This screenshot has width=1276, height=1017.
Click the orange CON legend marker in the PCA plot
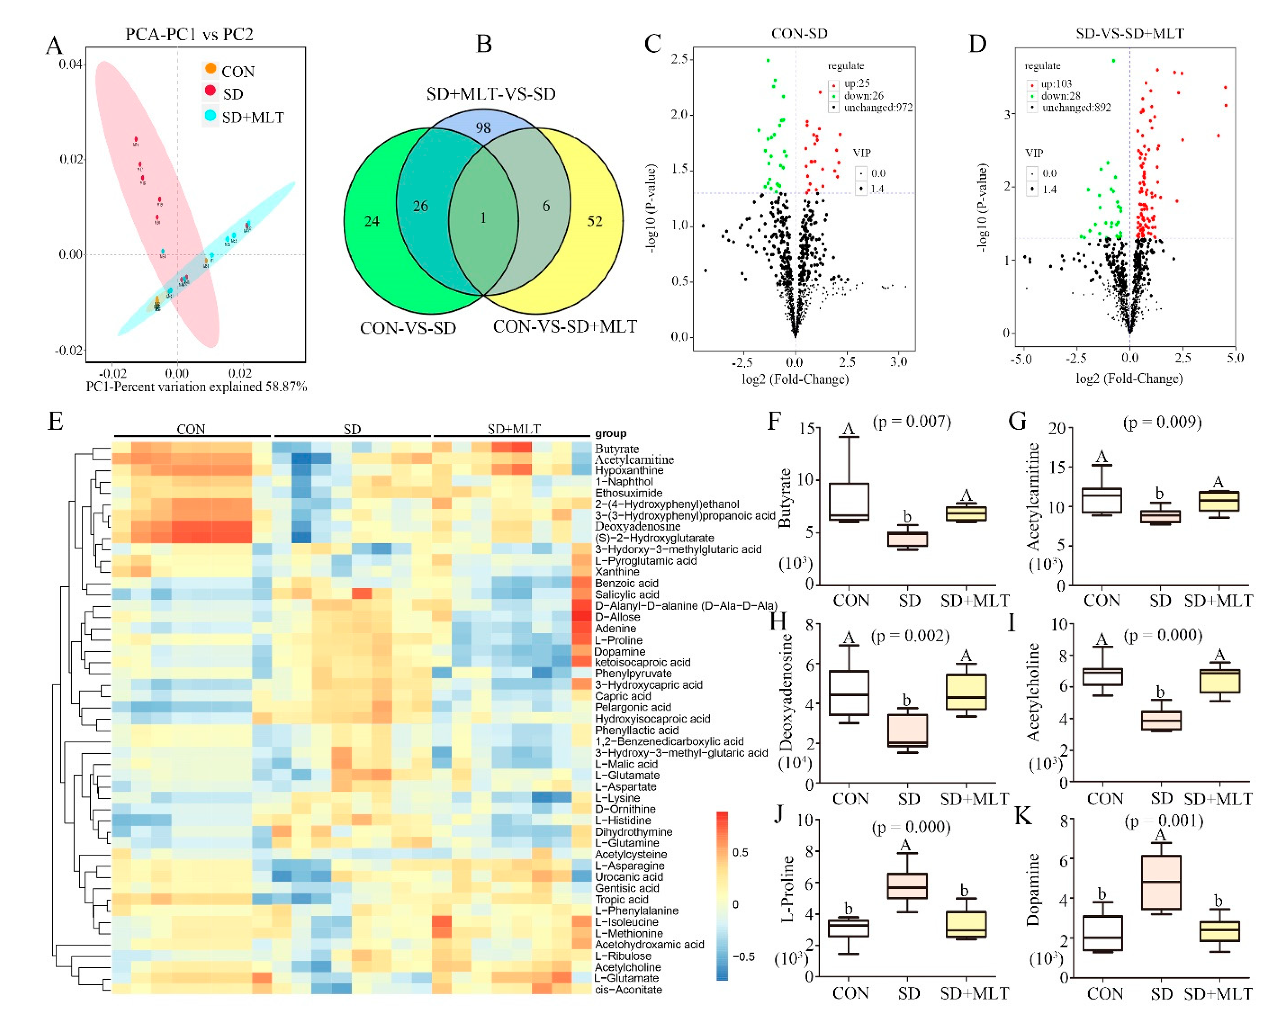(x=210, y=69)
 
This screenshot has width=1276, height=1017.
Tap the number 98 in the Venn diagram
(x=483, y=127)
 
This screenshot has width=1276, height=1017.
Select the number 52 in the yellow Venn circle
(x=594, y=221)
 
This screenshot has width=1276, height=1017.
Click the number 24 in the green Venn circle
(x=372, y=221)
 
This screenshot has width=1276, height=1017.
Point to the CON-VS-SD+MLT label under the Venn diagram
(x=565, y=326)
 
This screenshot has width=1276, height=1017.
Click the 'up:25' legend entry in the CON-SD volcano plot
(x=856, y=83)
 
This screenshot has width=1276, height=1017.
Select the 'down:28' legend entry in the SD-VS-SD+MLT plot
(x=1061, y=96)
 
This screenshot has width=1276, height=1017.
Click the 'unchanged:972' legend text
(x=878, y=108)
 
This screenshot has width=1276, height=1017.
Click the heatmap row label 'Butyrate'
(x=617, y=449)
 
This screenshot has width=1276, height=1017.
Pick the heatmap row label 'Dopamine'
(x=620, y=651)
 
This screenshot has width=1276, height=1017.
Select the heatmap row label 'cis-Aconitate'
(x=628, y=990)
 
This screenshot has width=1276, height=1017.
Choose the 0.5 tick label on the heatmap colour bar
(x=740, y=852)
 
